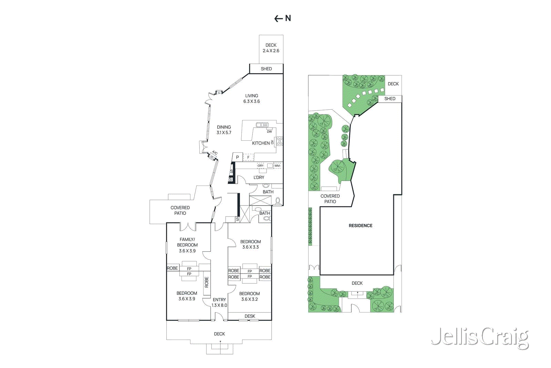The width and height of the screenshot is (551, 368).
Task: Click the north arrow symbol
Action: (x=282, y=18)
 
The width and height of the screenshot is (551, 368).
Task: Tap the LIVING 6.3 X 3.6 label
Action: (x=251, y=99)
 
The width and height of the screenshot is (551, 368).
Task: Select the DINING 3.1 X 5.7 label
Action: (x=224, y=130)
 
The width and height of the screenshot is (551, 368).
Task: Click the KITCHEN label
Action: (x=261, y=143)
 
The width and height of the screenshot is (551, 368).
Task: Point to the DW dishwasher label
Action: (x=269, y=132)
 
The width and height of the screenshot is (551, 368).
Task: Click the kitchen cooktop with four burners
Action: (x=280, y=141)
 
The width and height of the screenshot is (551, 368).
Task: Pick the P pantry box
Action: (x=237, y=157)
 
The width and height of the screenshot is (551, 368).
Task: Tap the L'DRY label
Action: (x=259, y=178)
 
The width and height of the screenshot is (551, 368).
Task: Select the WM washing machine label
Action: (x=277, y=166)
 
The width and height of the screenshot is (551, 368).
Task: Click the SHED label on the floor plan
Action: (x=266, y=69)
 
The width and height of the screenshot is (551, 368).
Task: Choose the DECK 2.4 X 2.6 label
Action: (x=271, y=48)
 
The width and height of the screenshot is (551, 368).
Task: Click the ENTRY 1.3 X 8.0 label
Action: (x=219, y=302)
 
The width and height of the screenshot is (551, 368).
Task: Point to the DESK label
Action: (x=250, y=316)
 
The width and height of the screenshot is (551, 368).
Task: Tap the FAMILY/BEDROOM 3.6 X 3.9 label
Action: (x=187, y=245)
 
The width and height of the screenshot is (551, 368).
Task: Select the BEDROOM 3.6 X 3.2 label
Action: (x=249, y=296)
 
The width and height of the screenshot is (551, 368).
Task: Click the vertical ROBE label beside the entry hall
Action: (x=207, y=282)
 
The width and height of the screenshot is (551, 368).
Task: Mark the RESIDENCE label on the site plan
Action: (x=361, y=226)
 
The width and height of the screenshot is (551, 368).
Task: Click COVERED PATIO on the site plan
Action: (x=330, y=199)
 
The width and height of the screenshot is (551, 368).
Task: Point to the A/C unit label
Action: (x=215, y=153)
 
